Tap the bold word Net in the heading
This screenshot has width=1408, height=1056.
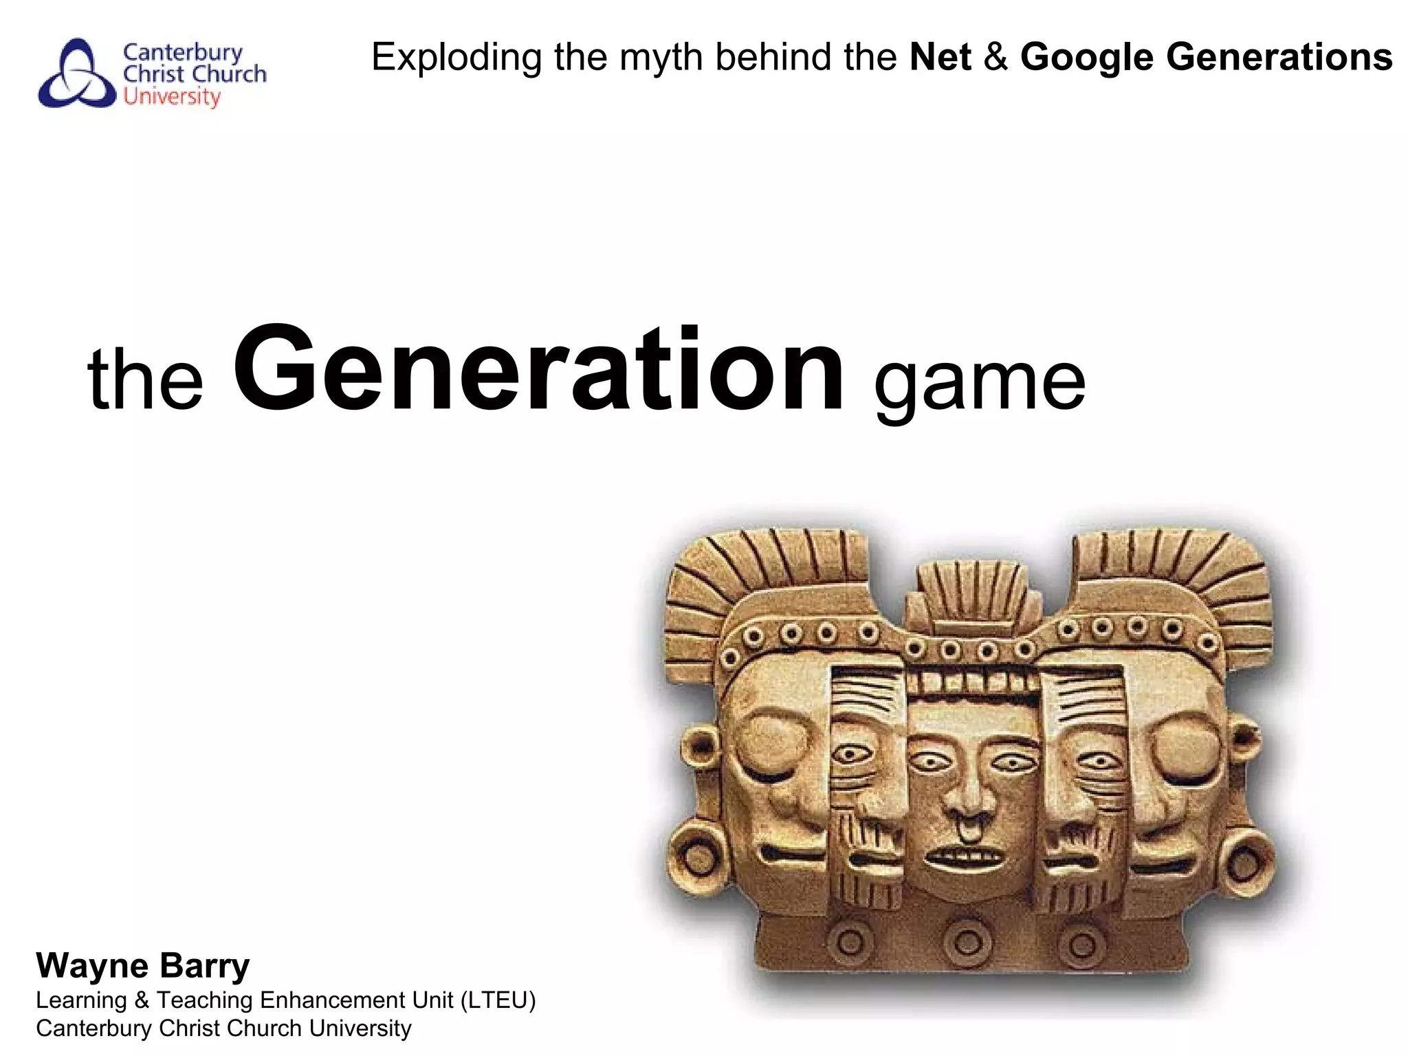click(x=940, y=57)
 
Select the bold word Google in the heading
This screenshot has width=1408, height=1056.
click(x=1087, y=58)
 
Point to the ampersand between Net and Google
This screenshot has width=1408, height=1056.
click(x=996, y=57)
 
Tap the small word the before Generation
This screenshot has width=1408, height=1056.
click(x=146, y=379)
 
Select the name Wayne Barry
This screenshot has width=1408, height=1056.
click(x=143, y=966)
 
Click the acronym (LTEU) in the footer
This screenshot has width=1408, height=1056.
click(x=498, y=1000)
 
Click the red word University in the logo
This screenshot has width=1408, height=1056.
click(x=172, y=97)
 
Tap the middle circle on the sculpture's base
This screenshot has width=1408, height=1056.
click(x=969, y=941)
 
